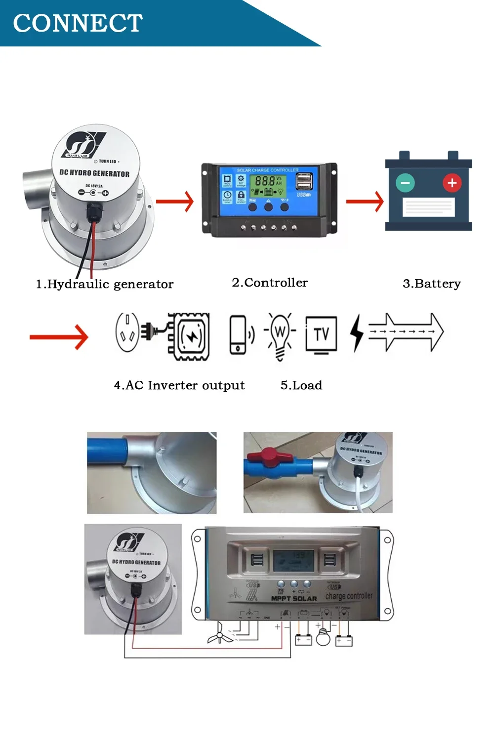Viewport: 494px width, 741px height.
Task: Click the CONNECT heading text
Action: coord(78,23)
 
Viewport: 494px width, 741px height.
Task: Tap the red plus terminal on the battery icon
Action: coord(452,183)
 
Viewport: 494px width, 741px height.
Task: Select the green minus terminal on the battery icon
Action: coord(405,183)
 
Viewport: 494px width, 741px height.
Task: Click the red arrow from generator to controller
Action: coord(175,202)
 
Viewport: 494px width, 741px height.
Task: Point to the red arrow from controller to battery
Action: coord(365,202)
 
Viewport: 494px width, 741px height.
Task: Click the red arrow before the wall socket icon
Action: coord(59,337)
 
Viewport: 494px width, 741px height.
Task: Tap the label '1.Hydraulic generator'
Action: coord(105,284)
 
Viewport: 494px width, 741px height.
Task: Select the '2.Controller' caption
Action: coord(270,283)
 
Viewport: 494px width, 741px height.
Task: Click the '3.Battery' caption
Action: coord(432,284)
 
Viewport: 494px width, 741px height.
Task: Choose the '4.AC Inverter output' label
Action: coord(179,385)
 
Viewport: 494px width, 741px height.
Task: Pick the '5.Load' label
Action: coord(301,385)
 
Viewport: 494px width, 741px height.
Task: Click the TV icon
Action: coord(321,335)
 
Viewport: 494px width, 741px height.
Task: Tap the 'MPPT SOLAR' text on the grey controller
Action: coord(294,599)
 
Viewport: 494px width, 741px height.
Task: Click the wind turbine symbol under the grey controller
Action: coord(220,634)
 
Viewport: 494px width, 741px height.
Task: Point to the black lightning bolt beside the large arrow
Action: coord(356,333)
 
